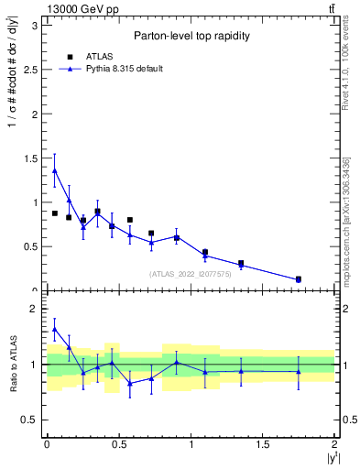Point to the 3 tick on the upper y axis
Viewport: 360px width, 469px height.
34,26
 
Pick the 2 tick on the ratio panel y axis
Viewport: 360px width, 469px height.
34,309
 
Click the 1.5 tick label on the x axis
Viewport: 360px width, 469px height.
263,443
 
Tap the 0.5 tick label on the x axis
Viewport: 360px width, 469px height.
118,443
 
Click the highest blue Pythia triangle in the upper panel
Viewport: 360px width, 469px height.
55,169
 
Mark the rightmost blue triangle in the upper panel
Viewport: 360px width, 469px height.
299,279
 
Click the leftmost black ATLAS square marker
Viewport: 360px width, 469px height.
55,213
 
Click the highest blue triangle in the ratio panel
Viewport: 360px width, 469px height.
55,329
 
